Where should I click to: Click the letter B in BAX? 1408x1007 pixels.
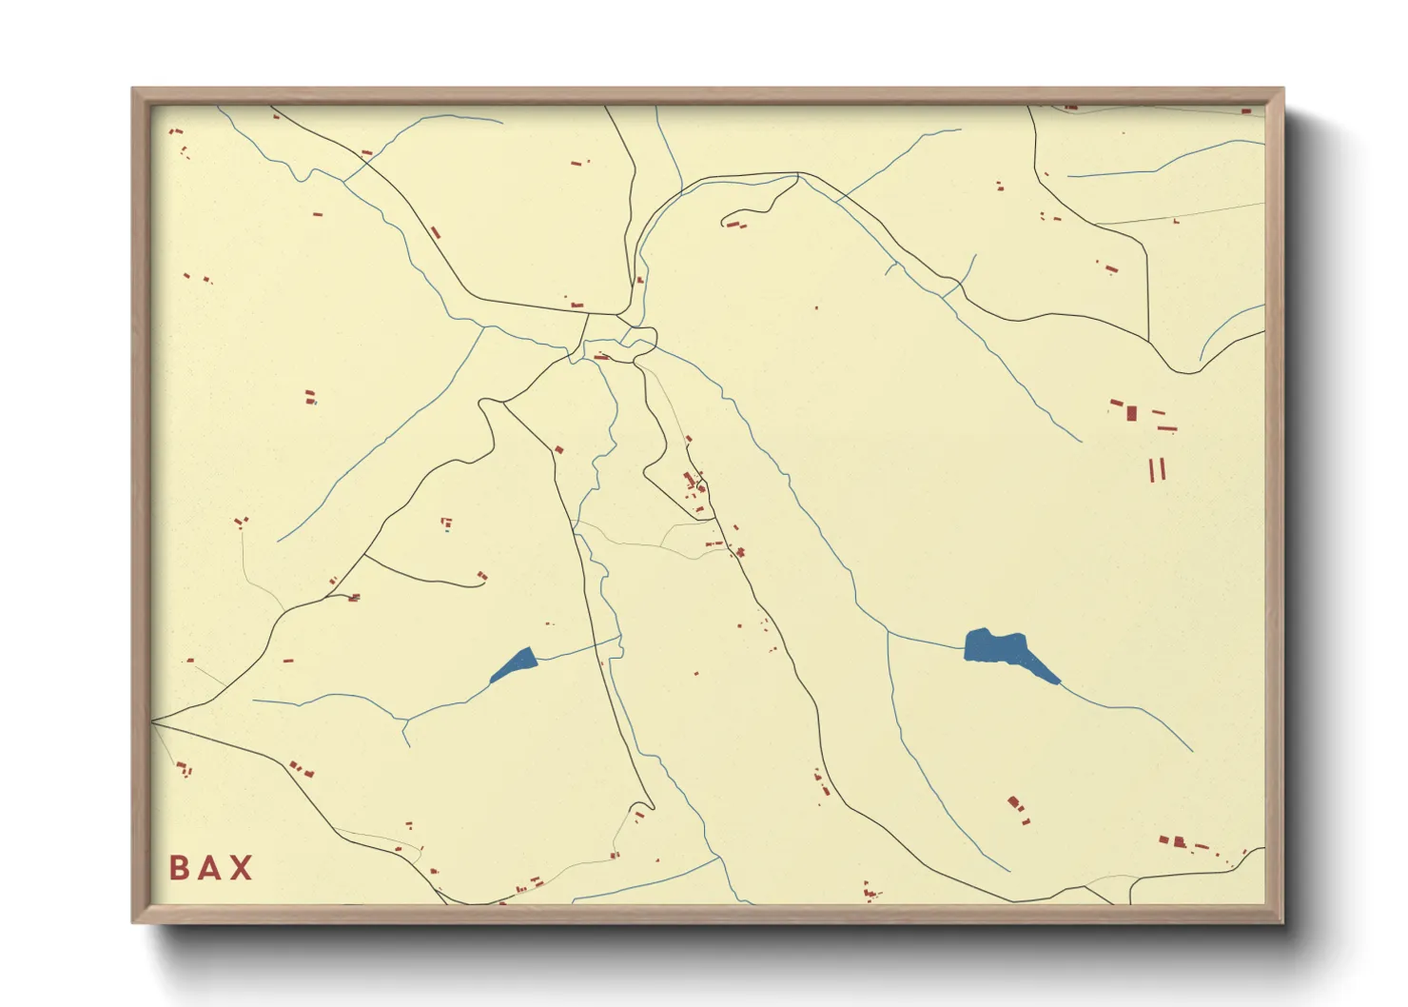(x=178, y=868)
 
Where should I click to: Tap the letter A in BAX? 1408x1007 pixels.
(x=210, y=868)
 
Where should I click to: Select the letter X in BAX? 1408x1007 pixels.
(x=242, y=868)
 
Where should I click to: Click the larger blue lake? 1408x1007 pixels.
(x=994, y=646)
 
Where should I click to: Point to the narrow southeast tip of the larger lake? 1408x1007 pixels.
(x=1057, y=681)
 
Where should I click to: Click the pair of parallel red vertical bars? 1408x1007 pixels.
(x=1157, y=469)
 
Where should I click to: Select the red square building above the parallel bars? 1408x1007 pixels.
(x=1131, y=413)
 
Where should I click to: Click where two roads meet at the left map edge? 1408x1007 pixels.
(x=153, y=721)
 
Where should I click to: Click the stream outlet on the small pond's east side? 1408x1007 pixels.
(x=538, y=659)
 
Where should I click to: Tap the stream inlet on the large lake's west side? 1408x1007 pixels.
(x=965, y=648)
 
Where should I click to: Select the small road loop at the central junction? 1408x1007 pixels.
(x=639, y=339)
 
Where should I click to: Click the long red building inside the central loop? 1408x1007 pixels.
(x=601, y=357)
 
